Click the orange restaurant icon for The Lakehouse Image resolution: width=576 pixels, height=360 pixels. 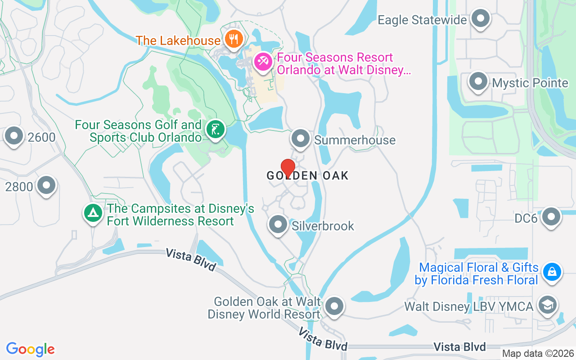(233, 39)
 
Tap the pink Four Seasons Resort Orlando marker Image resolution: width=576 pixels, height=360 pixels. (262, 62)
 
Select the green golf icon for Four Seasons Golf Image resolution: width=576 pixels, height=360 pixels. (216, 130)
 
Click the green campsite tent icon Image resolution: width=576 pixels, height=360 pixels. (93, 213)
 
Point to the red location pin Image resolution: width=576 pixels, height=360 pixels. (288, 168)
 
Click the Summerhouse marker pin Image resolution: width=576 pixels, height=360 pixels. (301, 139)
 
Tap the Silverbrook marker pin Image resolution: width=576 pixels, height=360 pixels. (278, 224)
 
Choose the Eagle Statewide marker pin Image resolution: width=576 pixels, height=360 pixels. (481, 19)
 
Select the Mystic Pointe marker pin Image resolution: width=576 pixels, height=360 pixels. (478, 82)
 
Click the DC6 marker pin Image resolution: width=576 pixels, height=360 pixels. (551, 217)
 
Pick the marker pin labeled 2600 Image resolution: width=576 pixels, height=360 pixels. (14, 136)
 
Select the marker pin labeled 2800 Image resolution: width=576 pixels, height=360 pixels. (46, 185)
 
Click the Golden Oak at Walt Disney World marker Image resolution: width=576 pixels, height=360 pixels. (334, 307)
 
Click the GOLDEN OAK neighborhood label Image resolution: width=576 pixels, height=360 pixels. (308, 175)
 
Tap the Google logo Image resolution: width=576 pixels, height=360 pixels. (31, 349)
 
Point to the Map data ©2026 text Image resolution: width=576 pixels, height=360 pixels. (538, 353)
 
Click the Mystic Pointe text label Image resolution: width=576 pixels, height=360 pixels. (530, 83)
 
